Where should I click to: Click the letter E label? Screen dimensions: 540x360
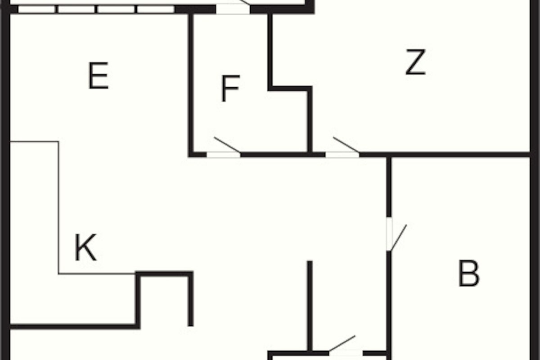[99, 76]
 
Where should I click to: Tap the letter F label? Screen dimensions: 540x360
[230, 88]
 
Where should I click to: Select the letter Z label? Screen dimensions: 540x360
[415, 62]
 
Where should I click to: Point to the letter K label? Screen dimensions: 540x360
[85, 247]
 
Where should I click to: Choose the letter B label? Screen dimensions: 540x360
[468, 274]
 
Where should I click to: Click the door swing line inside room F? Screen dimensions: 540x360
[227, 145]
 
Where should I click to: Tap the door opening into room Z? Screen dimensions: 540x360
[342, 154]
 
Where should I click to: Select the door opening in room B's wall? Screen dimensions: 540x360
[389, 234]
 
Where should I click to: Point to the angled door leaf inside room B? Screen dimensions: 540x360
[399, 238]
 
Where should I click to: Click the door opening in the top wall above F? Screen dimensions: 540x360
[233, 9]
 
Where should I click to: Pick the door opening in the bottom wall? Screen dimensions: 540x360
[346, 354]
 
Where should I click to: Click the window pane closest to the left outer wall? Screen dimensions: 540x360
[36, 9]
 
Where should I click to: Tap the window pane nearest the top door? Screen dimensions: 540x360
[156, 9]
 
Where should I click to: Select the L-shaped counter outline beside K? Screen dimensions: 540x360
[58, 207]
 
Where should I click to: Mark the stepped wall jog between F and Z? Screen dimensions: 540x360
[290, 88]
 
